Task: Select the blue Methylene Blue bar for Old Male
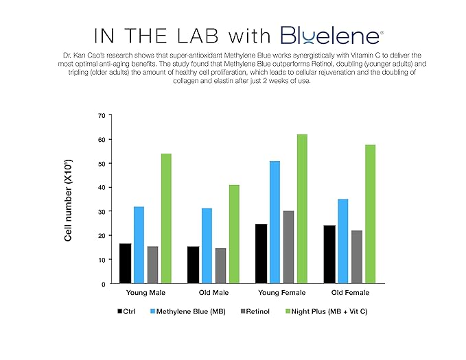click(207, 245)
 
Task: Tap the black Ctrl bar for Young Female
click(261, 253)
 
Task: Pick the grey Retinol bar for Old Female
click(356, 256)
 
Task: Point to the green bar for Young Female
click(302, 208)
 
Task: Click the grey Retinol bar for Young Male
click(152, 265)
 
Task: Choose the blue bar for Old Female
click(343, 241)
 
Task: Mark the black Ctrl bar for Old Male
click(193, 265)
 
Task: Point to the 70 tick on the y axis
click(102, 115)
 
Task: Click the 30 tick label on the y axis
click(102, 211)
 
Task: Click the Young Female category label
click(281, 293)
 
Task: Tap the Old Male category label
click(213, 293)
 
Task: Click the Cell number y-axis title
click(69, 200)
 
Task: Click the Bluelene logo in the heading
click(331, 36)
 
